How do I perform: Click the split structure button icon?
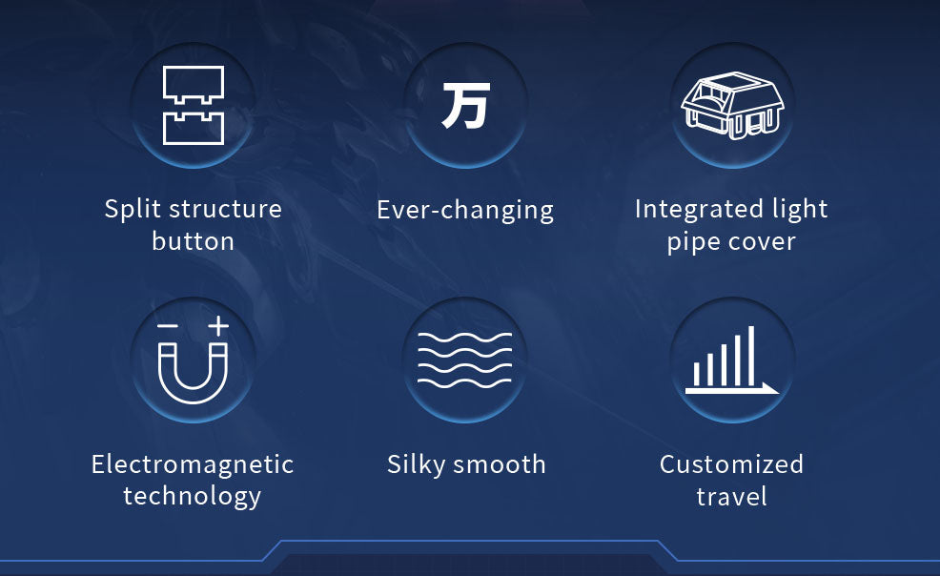click(x=193, y=105)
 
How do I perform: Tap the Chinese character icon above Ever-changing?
click(x=466, y=106)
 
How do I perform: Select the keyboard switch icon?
click(x=732, y=106)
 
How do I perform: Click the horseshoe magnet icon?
click(x=193, y=373)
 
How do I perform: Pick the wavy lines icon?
click(x=464, y=360)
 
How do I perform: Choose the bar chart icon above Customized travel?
click(x=732, y=360)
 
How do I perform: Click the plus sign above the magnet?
click(x=218, y=325)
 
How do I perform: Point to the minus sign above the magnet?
click(x=168, y=326)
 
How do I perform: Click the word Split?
click(x=133, y=210)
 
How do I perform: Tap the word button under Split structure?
click(x=193, y=241)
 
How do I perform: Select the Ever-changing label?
click(x=465, y=211)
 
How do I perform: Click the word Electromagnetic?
click(x=193, y=464)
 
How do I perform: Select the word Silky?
click(x=416, y=465)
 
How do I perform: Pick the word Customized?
click(x=731, y=464)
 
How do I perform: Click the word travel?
click(x=731, y=497)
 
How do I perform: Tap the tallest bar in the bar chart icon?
click(x=751, y=356)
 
